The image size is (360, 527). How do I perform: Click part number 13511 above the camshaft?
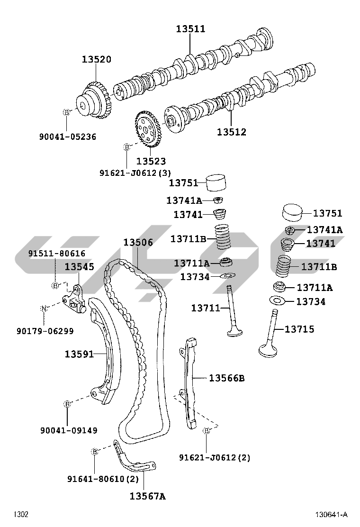(x=191, y=29)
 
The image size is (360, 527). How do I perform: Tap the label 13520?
(x=96, y=60)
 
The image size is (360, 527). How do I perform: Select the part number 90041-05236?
(x=67, y=137)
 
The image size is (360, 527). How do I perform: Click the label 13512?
(x=232, y=132)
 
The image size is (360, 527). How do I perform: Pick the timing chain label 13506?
(x=138, y=243)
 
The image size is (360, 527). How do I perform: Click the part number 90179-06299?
(x=45, y=331)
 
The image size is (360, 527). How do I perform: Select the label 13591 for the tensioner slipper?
(x=79, y=354)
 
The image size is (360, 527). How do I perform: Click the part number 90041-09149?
(x=69, y=430)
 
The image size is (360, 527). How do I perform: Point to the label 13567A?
(x=147, y=496)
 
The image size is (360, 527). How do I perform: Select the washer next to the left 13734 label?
(x=228, y=276)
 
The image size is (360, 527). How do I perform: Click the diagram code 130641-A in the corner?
(x=332, y=515)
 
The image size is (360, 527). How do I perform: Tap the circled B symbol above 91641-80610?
(x=94, y=452)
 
